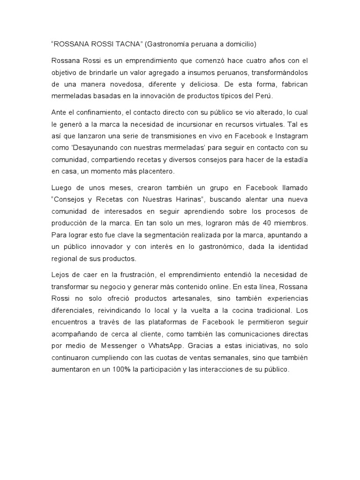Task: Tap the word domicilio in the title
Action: click(237, 45)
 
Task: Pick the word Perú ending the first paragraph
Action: click(274, 97)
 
